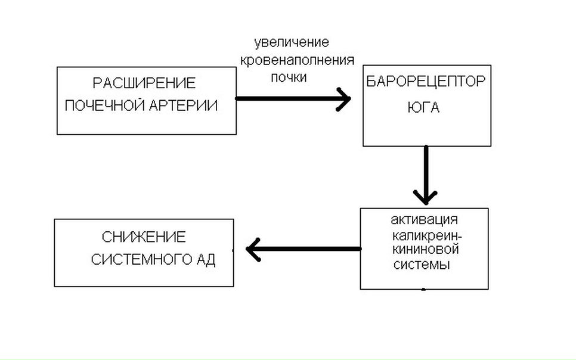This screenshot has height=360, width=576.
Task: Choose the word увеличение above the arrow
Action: pos(292,43)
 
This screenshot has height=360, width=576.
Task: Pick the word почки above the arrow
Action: pos(288,77)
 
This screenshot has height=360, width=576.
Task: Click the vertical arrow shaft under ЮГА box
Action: pos(426,167)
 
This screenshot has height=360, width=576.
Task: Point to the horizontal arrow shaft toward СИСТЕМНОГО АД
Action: pos(310,249)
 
